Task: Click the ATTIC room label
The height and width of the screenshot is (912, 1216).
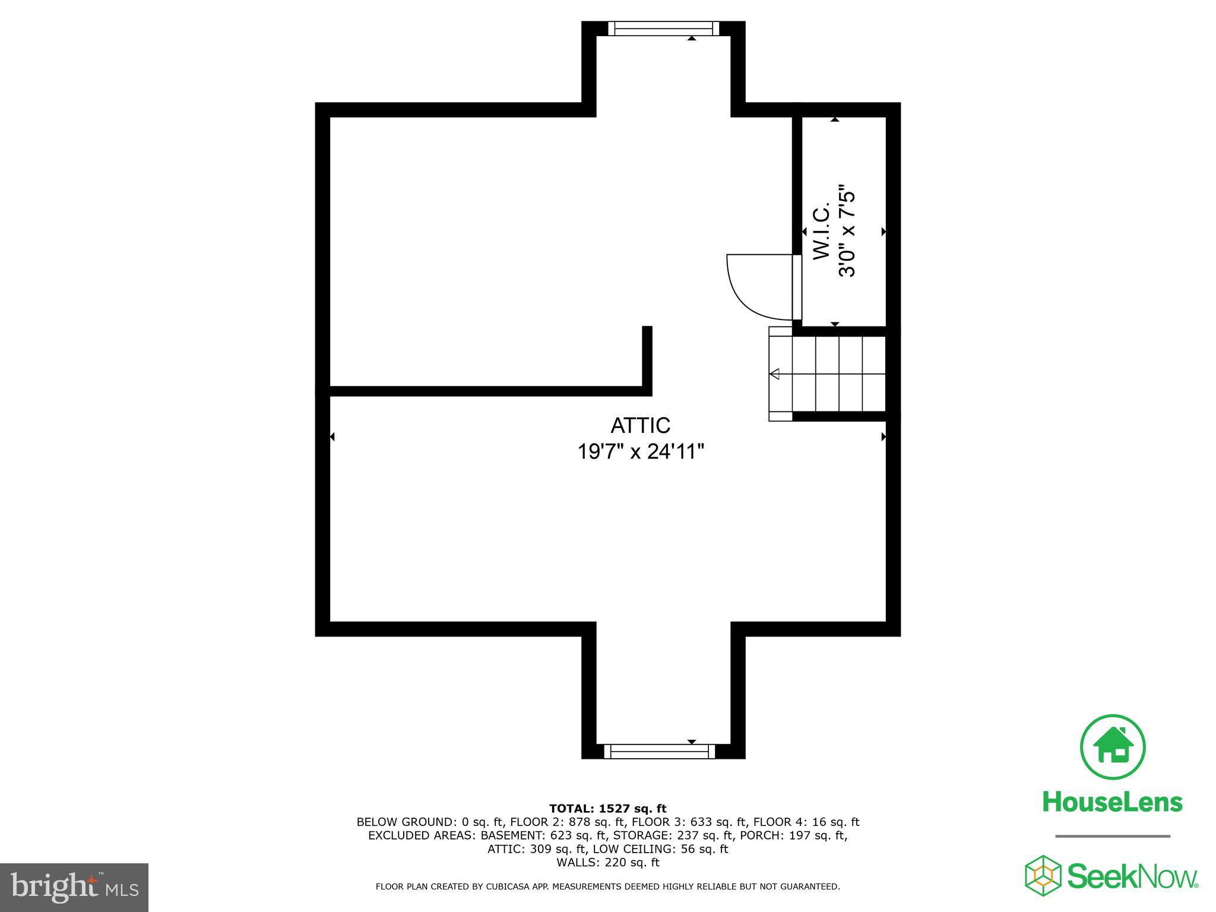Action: click(x=640, y=426)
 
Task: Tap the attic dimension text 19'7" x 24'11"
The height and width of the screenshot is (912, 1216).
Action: click(x=641, y=452)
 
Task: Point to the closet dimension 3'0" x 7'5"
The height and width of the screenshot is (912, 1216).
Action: click(x=847, y=233)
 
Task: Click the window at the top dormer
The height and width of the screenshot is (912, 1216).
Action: click(x=663, y=28)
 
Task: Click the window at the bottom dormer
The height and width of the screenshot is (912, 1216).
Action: click(x=659, y=751)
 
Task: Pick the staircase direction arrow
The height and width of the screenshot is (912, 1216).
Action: click(x=774, y=374)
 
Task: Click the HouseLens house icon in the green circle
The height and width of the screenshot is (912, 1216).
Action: click(x=1113, y=747)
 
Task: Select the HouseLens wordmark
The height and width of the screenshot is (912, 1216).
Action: click(x=1112, y=802)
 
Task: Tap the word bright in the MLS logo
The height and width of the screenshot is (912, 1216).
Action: click(x=53, y=887)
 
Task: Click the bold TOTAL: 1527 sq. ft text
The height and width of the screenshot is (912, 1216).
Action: click(x=607, y=809)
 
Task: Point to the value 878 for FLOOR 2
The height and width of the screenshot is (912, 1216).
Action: click(x=580, y=822)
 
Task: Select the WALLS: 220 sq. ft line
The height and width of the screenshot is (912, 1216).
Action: click(x=607, y=862)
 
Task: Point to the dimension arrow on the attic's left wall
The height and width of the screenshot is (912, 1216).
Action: click(x=332, y=437)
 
